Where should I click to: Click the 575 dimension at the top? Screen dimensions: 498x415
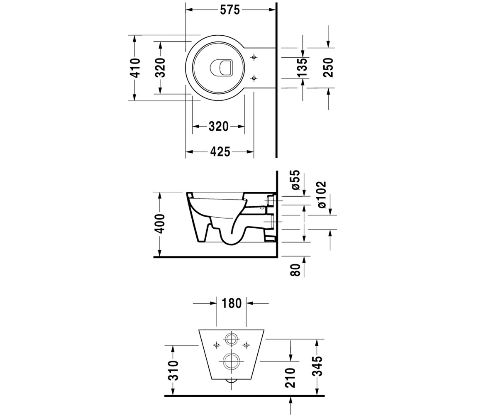pos(229,10)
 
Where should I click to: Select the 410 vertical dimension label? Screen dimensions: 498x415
pos(135,68)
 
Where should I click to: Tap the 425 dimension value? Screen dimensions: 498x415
pos(220,152)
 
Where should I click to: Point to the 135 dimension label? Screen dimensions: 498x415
pos(303,68)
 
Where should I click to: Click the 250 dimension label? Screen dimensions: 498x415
pos(328,68)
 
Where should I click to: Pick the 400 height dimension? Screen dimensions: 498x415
pos(159,224)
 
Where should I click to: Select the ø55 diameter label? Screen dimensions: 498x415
pos(295,180)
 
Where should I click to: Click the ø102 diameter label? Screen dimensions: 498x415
pos(321,195)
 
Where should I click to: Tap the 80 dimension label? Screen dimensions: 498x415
pos(295,270)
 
